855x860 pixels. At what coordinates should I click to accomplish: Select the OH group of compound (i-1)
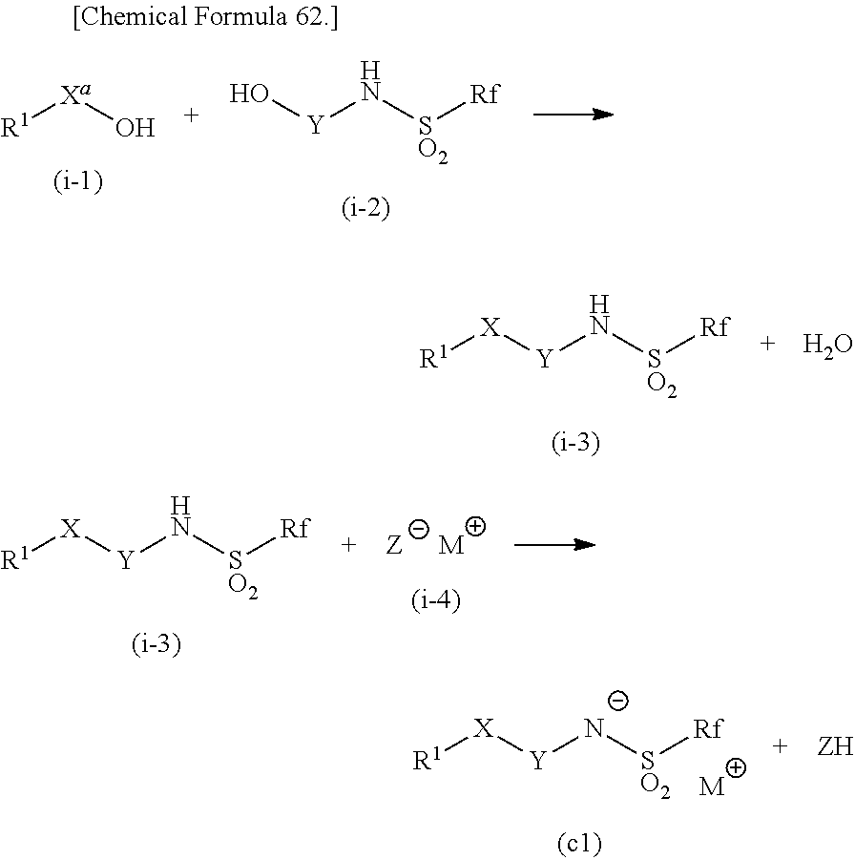[135, 127]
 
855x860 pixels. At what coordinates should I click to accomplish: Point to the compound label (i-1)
[77, 181]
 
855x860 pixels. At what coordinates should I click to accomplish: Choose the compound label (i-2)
[365, 209]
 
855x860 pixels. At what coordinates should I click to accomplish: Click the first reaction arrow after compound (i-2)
[573, 114]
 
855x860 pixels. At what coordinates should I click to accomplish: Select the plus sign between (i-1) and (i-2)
[191, 115]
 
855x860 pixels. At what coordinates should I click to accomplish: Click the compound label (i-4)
[435, 601]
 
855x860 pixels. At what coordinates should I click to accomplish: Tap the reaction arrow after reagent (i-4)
[554, 545]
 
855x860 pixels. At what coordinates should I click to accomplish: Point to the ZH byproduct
[834, 747]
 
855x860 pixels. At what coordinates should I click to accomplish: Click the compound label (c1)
[578, 843]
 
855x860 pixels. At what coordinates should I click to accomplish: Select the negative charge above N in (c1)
[617, 703]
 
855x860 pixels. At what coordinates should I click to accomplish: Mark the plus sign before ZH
[781, 746]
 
